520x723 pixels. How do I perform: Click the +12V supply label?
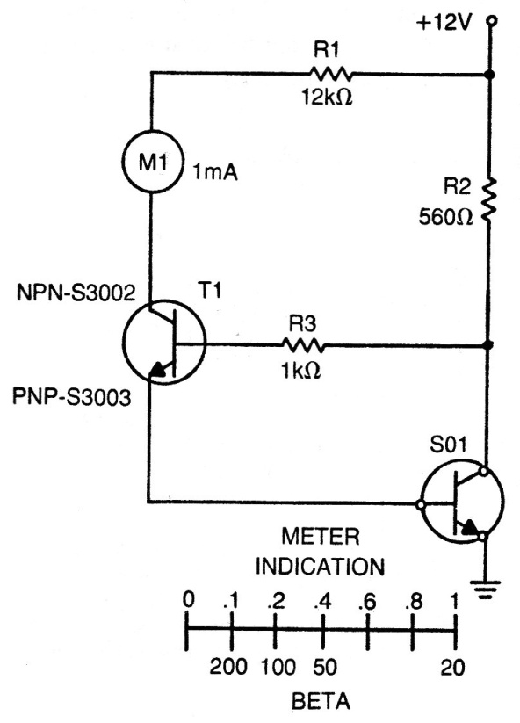[444, 22]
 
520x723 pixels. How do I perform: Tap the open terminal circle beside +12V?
[492, 20]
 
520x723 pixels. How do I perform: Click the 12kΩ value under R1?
[328, 98]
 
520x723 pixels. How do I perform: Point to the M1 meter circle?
[152, 162]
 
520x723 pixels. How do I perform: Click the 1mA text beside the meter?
[215, 173]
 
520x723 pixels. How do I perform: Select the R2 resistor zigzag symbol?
[489, 201]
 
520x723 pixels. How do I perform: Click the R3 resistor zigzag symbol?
[302, 344]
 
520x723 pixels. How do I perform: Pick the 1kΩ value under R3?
[300, 370]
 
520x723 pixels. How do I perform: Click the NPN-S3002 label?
[76, 293]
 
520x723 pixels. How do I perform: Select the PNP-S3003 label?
[71, 397]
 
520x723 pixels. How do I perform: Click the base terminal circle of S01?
[420, 504]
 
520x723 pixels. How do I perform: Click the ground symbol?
[485, 589]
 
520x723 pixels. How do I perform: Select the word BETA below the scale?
[321, 701]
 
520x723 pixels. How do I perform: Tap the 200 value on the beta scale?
[228, 666]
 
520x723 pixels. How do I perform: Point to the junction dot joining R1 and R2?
[490, 75]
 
